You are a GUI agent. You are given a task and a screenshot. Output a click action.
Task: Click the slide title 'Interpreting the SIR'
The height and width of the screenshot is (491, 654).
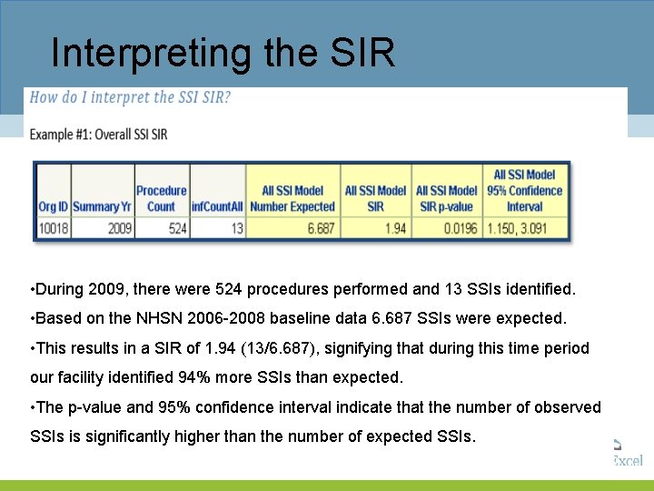point(223,53)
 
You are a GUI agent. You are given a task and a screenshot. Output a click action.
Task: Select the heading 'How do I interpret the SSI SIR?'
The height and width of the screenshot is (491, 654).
point(131,98)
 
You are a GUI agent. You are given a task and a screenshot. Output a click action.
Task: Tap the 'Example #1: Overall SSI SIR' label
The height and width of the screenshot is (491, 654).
point(99,135)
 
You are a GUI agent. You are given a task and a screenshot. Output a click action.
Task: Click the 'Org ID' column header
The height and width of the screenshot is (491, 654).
point(53,207)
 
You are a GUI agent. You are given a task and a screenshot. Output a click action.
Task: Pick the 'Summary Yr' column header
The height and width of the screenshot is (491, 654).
point(102,207)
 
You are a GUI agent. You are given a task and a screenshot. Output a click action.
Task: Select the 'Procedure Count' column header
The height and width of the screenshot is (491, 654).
point(161,198)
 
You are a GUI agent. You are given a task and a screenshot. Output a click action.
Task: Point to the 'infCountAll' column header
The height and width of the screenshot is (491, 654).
point(217,207)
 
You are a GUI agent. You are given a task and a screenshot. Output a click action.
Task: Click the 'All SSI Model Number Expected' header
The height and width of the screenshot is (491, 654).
point(292,198)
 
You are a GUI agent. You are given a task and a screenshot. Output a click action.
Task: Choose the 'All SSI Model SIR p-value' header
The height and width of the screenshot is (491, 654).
point(446,198)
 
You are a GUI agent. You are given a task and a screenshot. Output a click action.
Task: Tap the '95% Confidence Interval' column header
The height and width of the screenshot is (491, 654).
point(524,190)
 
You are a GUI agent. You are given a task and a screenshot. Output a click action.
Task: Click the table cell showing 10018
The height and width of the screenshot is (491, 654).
point(53,228)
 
